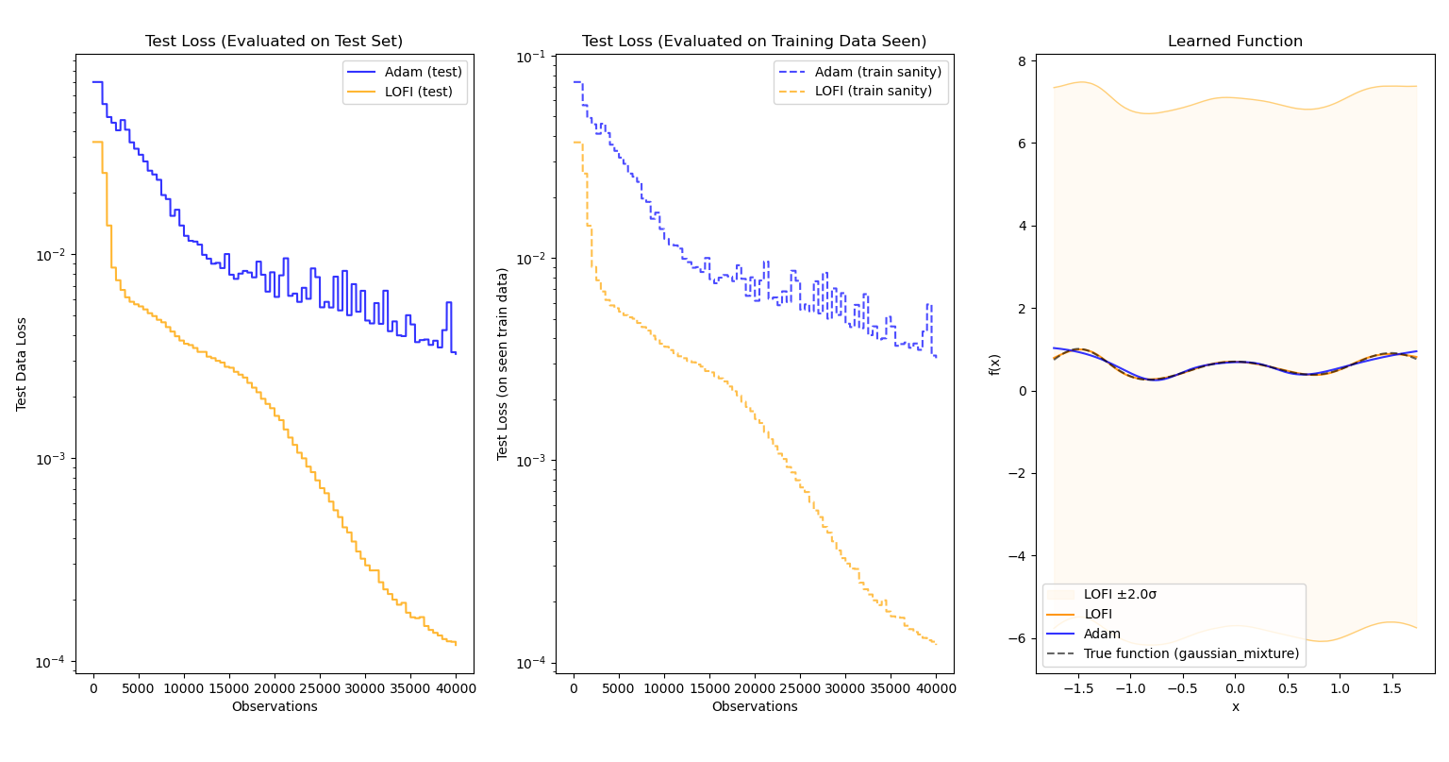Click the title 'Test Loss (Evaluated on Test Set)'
point(274,42)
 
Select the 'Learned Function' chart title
point(1235,42)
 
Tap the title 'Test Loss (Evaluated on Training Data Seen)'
point(754,42)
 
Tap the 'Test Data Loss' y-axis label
point(22,364)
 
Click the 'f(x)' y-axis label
point(994,364)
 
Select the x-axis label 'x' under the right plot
point(1235,707)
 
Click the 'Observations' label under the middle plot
point(754,707)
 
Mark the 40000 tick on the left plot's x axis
point(456,688)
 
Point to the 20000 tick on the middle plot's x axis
point(755,688)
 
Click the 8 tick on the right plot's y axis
point(1023,60)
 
